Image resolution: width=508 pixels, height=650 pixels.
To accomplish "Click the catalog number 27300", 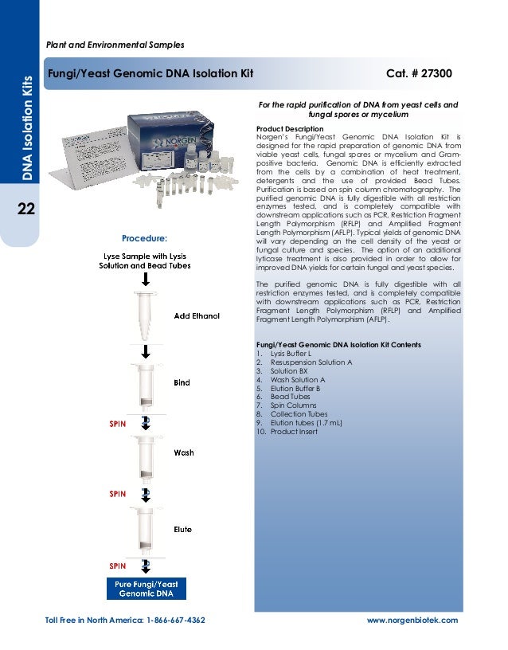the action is pos(436,73).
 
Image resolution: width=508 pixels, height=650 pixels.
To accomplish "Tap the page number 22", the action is pos(26,209).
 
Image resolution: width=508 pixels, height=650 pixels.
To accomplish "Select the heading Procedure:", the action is pos(145,238).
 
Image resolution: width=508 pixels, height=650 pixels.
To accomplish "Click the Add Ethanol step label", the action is pos(197,316).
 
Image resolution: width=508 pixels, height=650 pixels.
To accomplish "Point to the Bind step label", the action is pos(182,382).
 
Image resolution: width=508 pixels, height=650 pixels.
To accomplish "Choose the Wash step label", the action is pos(184,452).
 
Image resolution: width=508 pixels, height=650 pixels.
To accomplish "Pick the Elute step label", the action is pos(182,530).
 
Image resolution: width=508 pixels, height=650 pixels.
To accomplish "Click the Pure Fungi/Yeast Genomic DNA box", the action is pos(147,589).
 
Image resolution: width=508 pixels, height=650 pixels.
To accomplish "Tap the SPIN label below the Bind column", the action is pos(118,424).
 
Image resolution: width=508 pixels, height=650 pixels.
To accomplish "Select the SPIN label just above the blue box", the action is pos(118,566).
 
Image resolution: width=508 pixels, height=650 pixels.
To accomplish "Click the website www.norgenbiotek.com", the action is pos(412,621).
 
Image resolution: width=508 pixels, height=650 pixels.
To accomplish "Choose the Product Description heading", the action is pos(290,129).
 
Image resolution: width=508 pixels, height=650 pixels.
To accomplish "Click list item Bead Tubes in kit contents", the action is pos(290,397).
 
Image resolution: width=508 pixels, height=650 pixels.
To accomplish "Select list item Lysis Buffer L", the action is pos(291,354).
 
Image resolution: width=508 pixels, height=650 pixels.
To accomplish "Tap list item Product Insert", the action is pos(294,432).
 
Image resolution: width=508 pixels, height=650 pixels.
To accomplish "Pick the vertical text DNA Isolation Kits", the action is pos(27,128).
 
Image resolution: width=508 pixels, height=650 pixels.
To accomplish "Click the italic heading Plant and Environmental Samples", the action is pos(115,45).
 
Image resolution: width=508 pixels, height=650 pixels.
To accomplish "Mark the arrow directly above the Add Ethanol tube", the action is pos(146,280).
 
